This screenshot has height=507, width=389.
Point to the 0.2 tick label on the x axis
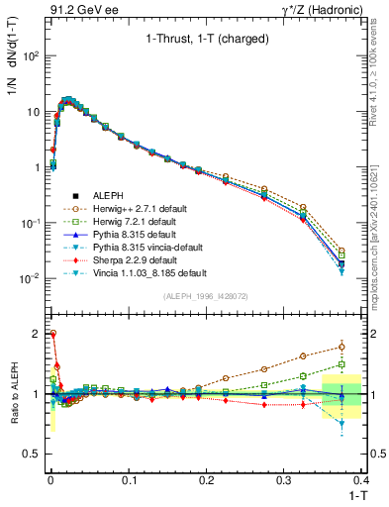point(206,479)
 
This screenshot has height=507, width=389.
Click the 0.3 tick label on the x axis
point(284,479)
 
